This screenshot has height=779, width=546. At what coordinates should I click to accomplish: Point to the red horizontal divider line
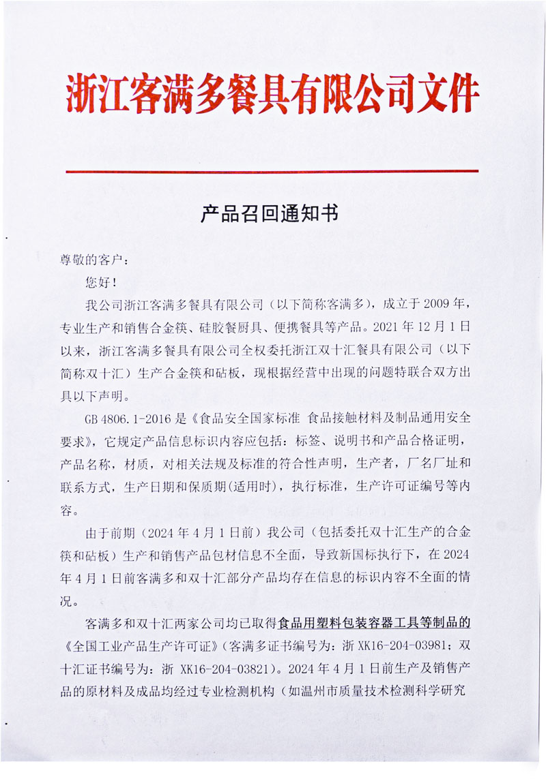tap(272, 171)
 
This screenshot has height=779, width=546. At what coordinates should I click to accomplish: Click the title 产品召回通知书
tap(270, 215)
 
